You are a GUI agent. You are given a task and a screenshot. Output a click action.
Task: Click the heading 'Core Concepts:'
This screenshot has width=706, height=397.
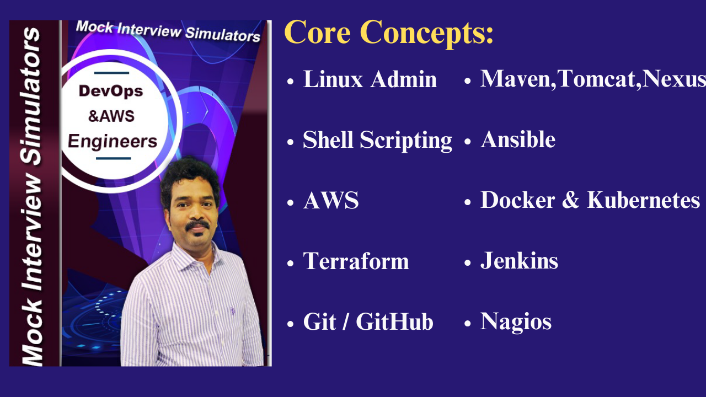click(x=389, y=33)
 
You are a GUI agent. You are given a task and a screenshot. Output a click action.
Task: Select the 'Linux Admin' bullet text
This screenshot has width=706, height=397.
click(x=370, y=80)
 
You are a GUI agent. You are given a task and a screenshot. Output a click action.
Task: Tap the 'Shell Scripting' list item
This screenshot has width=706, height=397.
click(x=377, y=141)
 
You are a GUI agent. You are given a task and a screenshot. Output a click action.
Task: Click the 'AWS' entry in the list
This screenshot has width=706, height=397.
click(x=331, y=201)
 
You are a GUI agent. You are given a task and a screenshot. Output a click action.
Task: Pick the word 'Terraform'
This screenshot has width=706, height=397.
click(x=356, y=261)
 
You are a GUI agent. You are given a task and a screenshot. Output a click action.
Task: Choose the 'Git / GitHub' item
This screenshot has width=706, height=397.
click(x=368, y=322)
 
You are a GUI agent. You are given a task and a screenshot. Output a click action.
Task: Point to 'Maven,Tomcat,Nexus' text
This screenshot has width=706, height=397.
click(x=593, y=79)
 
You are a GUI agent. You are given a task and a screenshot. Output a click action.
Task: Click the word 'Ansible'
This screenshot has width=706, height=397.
click(x=518, y=140)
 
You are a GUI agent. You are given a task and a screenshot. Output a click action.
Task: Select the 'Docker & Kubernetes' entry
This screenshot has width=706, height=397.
click(x=590, y=200)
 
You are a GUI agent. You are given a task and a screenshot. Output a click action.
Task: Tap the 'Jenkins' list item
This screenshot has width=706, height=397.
click(x=519, y=261)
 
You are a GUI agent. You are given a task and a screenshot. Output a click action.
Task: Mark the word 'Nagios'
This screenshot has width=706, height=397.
click(x=516, y=321)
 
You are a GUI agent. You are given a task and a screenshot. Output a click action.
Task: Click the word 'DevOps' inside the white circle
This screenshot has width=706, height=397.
click(x=111, y=91)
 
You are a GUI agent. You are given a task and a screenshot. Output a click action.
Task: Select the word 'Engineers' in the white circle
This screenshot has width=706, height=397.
click(x=113, y=141)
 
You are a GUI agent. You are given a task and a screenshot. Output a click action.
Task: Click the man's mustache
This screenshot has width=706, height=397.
click(x=197, y=225)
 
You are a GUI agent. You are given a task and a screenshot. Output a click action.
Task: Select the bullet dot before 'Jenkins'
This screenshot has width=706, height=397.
click(x=468, y=262)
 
